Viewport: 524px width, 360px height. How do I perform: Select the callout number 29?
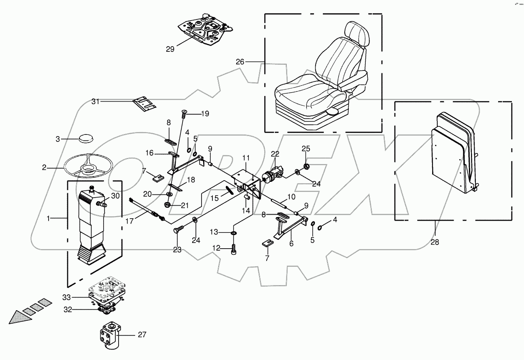[x=170, y=49]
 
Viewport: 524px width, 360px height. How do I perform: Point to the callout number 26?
[x=240, y=62]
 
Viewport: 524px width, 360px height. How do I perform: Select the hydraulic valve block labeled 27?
[x=108, y=335]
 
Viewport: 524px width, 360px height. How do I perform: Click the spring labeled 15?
[x=229, y=189]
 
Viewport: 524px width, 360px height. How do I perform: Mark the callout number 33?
[x=67, y=297]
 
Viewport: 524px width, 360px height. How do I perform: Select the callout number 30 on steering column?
[x=115, y=196]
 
